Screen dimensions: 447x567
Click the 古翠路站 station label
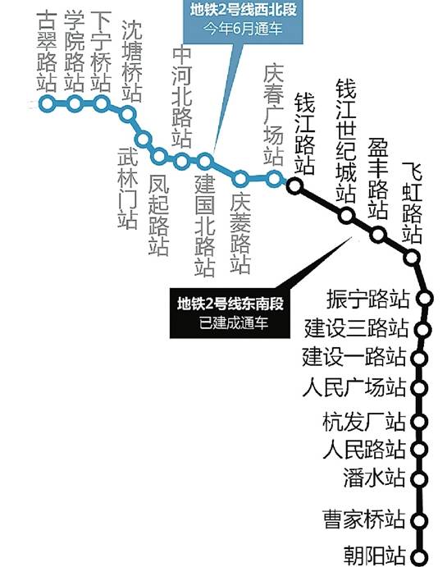point(47,51)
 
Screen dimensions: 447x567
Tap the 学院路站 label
point(74,51)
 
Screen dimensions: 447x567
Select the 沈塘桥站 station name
point(131,61)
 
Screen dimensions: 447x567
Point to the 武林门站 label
point(128,189)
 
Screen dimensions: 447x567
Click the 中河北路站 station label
point(181,97)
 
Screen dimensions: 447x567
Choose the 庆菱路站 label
point(240,232)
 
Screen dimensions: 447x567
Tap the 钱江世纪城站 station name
point(346,140)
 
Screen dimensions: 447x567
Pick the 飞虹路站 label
point(412,202)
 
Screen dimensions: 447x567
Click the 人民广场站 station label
point(354,387)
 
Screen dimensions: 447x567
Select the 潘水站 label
point(374,477)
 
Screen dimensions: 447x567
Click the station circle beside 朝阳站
point(420,557)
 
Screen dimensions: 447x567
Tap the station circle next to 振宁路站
point(425,299)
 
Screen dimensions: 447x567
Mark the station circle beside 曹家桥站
point(419,520)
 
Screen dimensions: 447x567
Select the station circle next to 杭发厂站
point(420,421)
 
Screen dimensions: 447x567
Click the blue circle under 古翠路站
point(47,103)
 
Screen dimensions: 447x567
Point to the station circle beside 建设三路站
point(422,329)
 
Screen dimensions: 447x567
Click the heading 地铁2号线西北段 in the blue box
point(244,10)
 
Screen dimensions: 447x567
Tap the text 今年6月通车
point(243,29)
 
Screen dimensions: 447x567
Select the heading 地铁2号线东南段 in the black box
point(230,304)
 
